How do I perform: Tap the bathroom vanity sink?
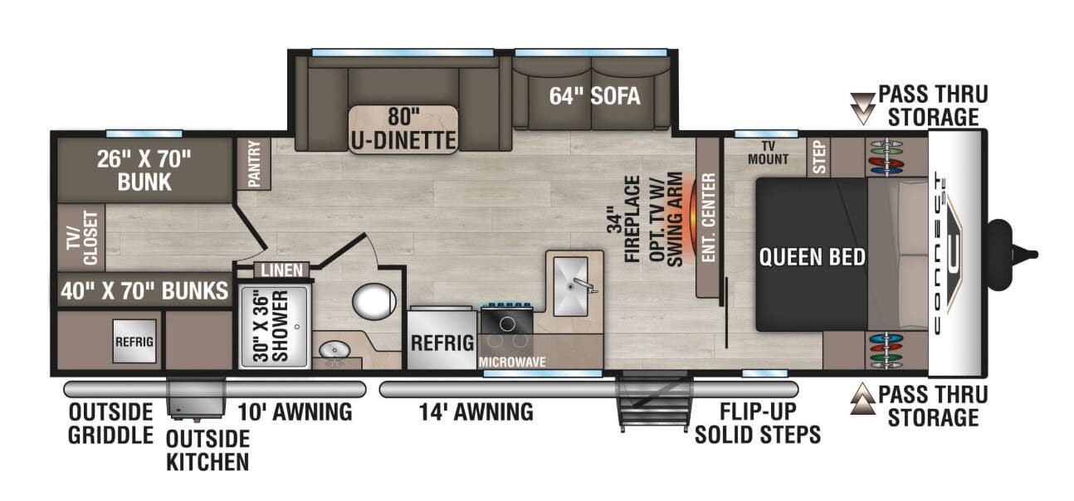334,352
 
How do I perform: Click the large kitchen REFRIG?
442,342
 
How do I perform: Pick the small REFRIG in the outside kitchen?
134,341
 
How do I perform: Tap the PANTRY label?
254,163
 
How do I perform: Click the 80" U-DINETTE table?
403,129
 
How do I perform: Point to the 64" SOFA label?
594,96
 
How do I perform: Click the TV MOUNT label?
767,153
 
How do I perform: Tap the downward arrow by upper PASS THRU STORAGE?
864,105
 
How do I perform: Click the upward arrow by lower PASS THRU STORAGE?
864,404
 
